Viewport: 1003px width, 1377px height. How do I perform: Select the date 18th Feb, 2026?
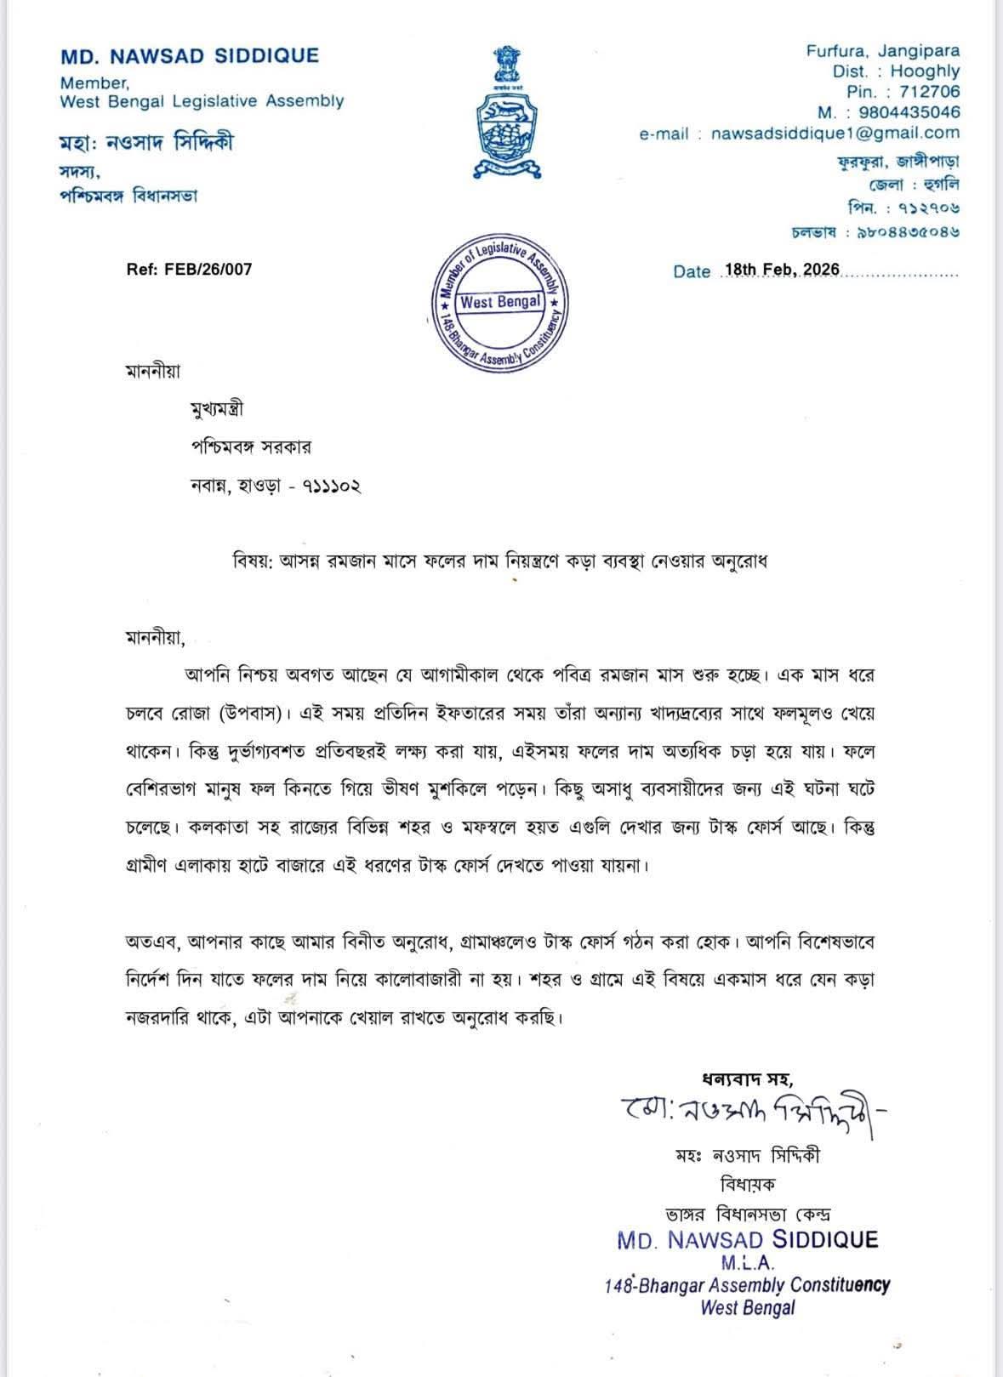click(780, 270)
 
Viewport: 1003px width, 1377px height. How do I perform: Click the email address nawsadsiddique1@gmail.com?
click(835, 134)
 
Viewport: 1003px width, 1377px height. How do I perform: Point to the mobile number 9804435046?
click(909, 112)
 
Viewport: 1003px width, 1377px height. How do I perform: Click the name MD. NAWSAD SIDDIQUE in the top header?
click(190, 56)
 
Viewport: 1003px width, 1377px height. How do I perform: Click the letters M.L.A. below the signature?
click(748, 1263)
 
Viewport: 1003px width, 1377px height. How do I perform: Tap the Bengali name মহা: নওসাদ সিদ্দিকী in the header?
click(146, 143)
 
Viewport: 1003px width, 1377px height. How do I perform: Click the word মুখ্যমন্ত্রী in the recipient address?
click(217, 409)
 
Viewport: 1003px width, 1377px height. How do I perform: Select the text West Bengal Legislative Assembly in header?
click(202, 101)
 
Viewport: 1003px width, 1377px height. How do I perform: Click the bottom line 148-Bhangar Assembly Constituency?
click(747, 1285)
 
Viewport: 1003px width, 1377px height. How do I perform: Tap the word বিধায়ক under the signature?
click(747, 1183)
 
